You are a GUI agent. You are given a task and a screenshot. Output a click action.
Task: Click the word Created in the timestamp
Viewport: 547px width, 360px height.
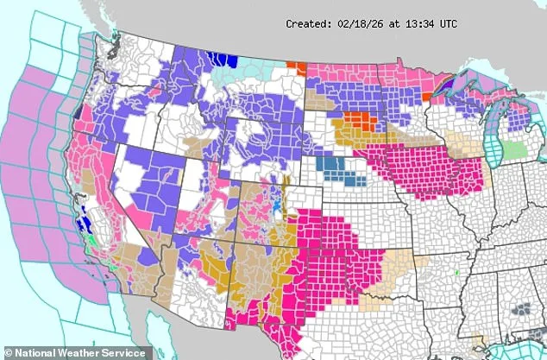point(310,25)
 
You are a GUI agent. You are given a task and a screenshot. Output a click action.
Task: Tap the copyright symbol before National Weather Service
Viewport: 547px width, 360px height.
point(9,351)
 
